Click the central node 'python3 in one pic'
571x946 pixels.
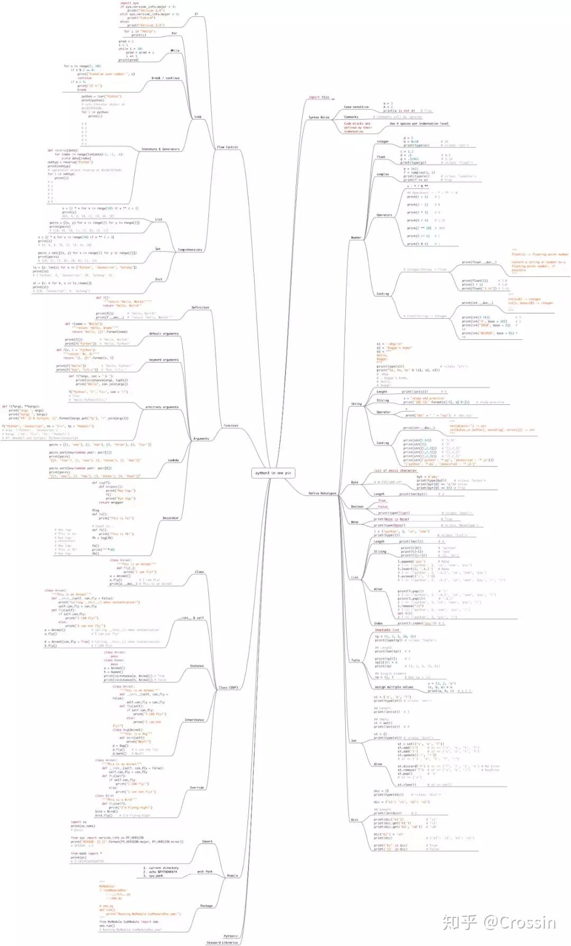coord(273,473)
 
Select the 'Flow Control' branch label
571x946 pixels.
coord(227,147)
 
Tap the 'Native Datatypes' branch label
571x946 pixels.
coord(322,493)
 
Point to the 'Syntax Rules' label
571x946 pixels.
coord(319,117)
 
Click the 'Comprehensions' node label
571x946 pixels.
coord(190,249)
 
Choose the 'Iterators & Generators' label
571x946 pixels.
coord(160,149)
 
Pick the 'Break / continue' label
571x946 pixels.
coord(165,78)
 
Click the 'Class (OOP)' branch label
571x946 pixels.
coord(228,688)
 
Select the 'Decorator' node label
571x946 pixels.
coord(170,518)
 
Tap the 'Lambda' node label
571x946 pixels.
coord(173,460)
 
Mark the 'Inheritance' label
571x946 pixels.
coord(194,720)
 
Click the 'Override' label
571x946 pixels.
coord(197,787)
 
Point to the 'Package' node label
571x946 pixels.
coord(206,906)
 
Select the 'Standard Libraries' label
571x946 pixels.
coord(222,942)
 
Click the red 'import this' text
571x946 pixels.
coord(319,97)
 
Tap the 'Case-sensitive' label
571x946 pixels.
coord(356,107)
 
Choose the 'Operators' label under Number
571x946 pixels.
coord(384,215)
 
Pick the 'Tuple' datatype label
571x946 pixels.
coord(355,660)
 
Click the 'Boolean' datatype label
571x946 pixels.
coord(357,506)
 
